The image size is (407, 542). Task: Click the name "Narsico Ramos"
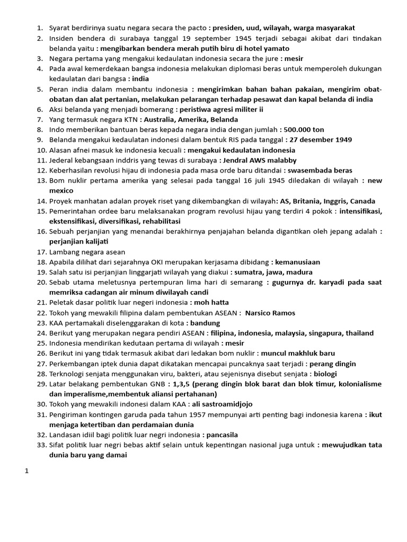[x=270, y=313]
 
